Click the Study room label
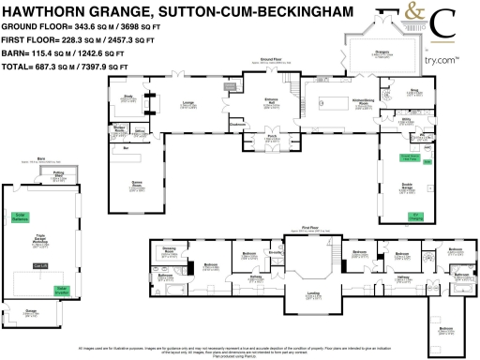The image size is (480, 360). coord(129,96)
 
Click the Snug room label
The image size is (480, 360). coord(412,92)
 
